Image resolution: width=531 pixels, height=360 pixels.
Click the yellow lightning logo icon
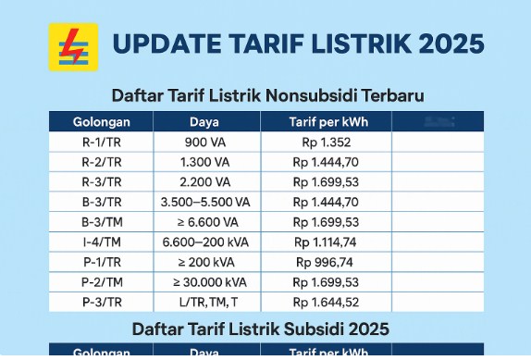point(72,46)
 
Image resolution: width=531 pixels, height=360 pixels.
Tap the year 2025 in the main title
point(450,44)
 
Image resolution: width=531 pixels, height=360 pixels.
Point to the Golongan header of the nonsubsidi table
point(101,121)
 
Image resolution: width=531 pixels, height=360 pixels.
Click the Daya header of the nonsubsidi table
point(204,121)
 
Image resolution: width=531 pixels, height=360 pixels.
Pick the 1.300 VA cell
point(204,162)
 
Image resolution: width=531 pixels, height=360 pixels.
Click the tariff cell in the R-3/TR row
point(326,181)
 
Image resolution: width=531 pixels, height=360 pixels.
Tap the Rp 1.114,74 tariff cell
point(326,242)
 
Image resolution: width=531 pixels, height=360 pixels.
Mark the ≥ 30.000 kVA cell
point(204,282)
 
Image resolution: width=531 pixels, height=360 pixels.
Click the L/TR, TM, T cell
point(204,302)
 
